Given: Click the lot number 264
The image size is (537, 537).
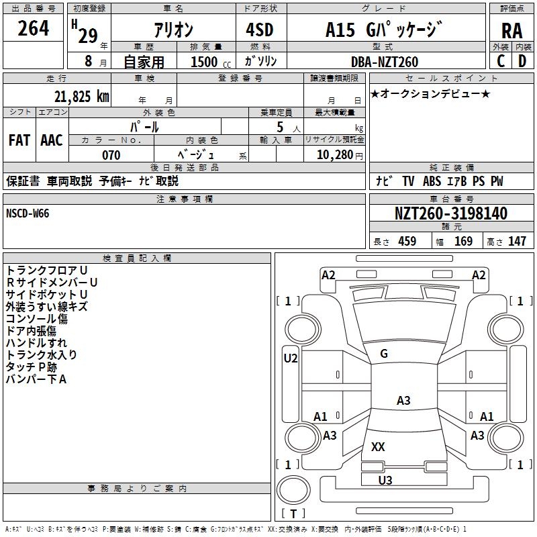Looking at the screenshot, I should [34, 29].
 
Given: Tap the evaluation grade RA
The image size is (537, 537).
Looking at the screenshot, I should [511, 31].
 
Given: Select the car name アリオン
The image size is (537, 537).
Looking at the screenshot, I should [173, 30].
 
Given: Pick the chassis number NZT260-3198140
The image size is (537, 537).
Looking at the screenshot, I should [451, 214].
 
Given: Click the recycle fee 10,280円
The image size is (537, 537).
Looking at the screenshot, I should [334, 155].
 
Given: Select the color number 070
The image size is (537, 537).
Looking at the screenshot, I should [111, 155].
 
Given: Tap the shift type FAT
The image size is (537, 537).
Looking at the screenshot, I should [19, 140].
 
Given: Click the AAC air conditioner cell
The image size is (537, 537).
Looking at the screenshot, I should [52, 140].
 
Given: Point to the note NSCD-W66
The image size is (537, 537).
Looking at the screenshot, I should [28, 213].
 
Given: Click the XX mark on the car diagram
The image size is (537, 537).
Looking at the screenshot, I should [378, 446].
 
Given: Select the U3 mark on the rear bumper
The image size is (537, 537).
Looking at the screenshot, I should [385, 480].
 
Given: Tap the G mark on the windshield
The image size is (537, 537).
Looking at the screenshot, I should [384, 354].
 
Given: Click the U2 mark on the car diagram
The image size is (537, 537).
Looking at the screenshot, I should [290, 358].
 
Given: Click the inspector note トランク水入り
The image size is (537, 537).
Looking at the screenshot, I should [41, 355].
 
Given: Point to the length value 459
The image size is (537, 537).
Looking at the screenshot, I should [407, 242].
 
